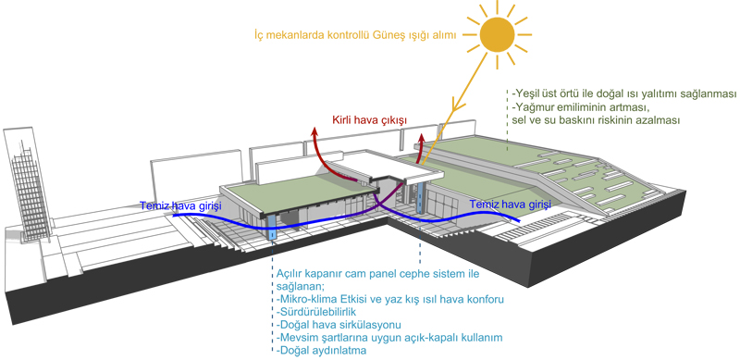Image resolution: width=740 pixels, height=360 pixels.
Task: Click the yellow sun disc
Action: click(497, 34)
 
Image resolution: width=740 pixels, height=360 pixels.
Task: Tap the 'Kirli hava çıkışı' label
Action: click(369, 120)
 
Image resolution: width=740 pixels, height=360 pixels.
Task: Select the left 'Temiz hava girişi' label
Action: click(180, 205)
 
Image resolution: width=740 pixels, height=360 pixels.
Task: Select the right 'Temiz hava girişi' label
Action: click(511, 205)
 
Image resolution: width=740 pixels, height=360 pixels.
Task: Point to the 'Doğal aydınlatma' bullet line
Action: click(321, 351)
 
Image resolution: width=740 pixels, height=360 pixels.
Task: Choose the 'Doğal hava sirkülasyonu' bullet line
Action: click(339, 325)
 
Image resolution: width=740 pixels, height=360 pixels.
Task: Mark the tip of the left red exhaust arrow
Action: click(314, 128)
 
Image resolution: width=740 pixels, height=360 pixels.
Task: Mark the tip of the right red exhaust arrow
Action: click(422, 133)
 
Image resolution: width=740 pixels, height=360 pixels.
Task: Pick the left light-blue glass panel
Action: click(272, 228)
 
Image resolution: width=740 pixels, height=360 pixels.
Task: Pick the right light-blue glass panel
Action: click(420, 198)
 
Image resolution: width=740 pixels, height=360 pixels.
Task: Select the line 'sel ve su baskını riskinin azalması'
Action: click(596, 120)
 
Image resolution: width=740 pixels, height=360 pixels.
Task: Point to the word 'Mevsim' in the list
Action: click(297, 338)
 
